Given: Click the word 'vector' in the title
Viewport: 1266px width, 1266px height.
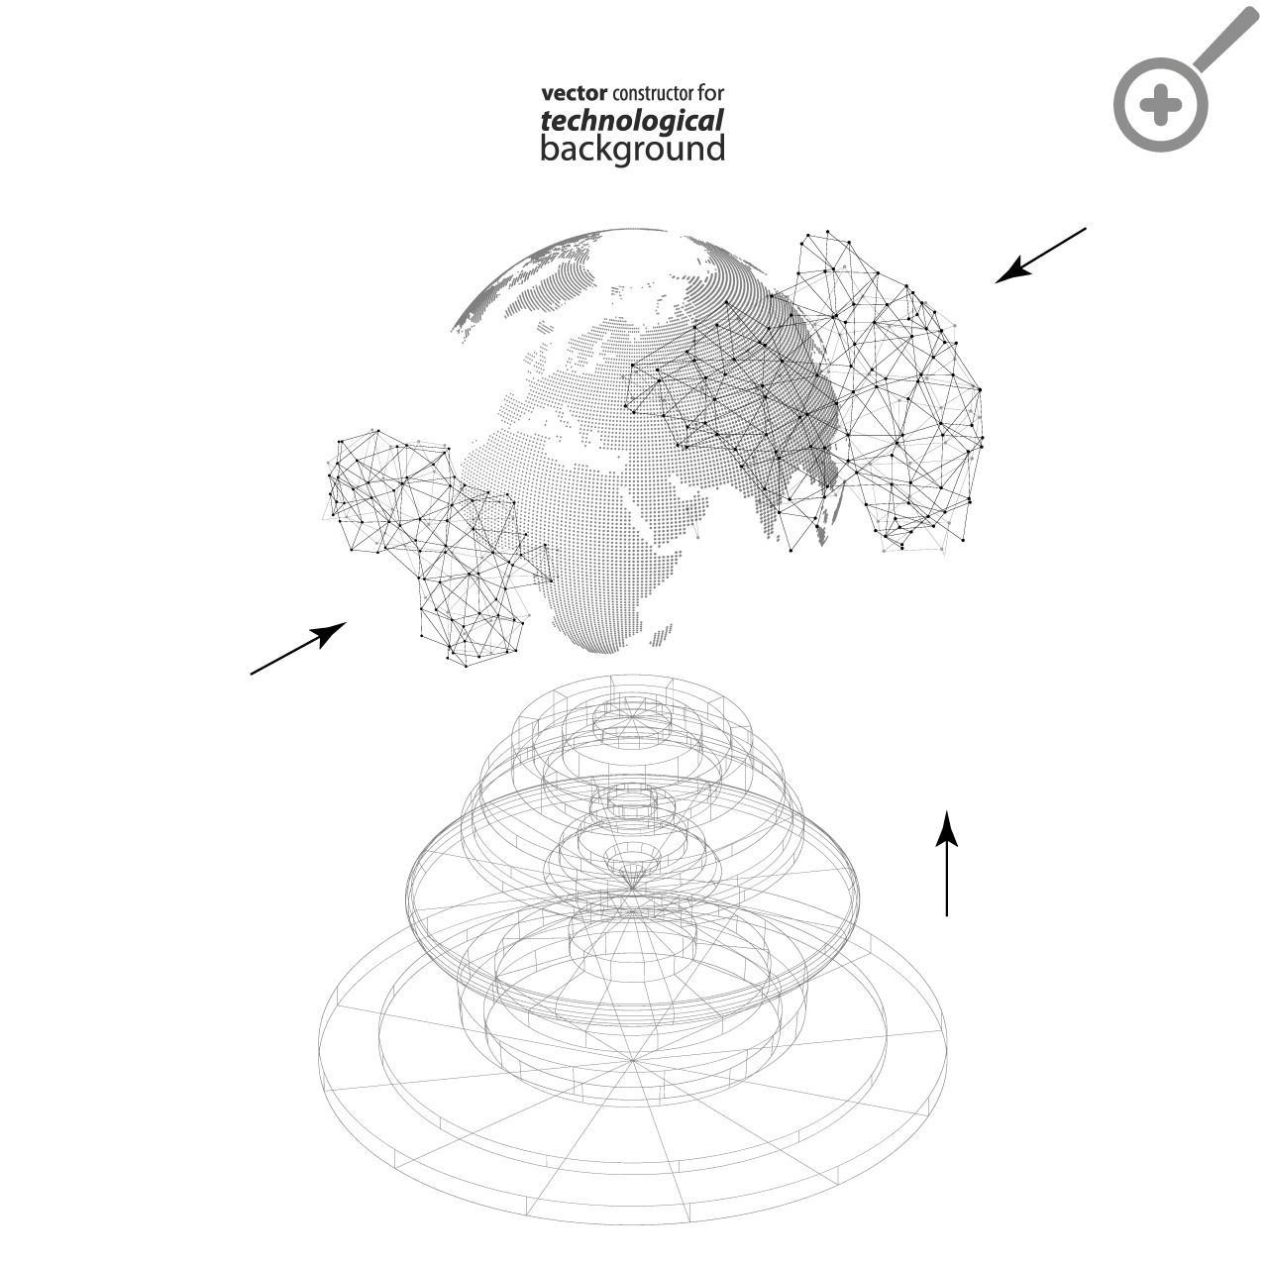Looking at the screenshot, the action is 575,94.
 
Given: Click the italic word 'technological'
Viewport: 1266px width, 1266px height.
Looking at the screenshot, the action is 632,122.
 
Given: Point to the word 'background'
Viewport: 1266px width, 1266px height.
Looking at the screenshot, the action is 633,150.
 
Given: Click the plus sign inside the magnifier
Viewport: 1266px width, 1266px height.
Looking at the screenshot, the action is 1161,105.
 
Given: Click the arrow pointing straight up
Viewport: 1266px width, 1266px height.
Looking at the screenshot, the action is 947,863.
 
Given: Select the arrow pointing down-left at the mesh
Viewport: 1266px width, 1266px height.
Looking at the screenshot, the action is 1041,256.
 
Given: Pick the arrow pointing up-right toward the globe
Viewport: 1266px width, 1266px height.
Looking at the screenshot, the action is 298,648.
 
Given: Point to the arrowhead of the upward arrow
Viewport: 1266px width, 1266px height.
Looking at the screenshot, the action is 947,828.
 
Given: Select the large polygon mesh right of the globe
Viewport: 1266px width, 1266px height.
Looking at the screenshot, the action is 854,394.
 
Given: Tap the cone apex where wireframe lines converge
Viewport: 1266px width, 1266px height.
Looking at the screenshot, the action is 632,890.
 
